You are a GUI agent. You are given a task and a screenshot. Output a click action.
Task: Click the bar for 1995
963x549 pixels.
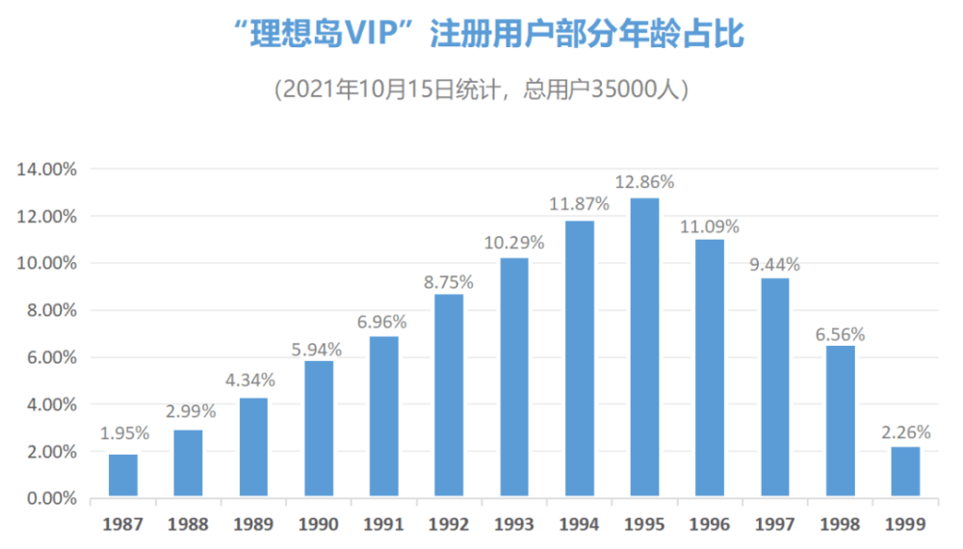click(x=644, y=347)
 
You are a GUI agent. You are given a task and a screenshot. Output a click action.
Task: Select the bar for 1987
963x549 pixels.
click(x=123, y=475)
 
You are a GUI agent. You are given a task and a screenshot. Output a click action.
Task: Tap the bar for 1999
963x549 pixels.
click(x=905, y=472)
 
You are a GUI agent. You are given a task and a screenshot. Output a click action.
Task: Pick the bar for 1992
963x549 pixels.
click(x=449, y=395)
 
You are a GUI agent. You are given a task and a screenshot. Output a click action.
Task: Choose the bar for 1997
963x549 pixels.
click(x=775, y=387)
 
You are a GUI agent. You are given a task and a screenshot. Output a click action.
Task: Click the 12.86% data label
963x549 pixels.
click(x=645, y=182)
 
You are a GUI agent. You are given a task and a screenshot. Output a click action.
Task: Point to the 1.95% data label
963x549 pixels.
click(x=124, y=433)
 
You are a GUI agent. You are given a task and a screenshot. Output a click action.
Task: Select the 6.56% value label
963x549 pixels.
click(x=840, y=334)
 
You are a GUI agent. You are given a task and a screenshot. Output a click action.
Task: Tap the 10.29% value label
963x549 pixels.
click(x=514, y=243)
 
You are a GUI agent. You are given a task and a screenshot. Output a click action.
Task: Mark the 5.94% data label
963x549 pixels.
click(x=316, y=350)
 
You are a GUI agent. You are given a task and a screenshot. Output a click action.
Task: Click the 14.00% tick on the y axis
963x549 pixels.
click(x=46, y=170)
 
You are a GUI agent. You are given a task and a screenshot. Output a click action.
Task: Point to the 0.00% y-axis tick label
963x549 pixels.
click(x=52, y=499)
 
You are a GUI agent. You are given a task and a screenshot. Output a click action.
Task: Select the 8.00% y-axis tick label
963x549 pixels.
click(x=52, y=311)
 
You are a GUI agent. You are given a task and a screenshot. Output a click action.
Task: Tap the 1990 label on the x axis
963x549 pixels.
click(x=318, y=524)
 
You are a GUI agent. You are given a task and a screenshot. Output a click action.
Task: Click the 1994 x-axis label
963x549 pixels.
click(x=579, y=524)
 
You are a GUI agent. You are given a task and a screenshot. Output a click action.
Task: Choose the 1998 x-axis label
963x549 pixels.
click(x=840, y=524)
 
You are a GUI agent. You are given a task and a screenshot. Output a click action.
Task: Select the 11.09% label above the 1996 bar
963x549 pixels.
click(x=710, y=227)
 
